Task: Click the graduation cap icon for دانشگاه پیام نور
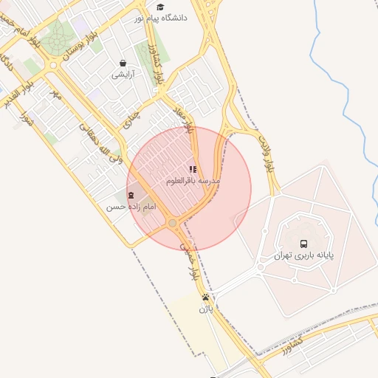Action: pyautogui.click(x=160, y=7)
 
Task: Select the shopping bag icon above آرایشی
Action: pyautogui.click(x=122, y=63)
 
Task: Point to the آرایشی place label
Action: pyautogui.click(x=122, y=75)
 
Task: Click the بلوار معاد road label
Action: pyautogui.click(x=184, y=117)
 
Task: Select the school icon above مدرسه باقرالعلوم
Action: pyautogui.click(x=193, y=169)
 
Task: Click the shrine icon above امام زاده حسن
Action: pyautogui.click(x=131, y=195)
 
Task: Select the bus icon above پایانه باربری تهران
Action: pyautogui.click(x=303, y=244)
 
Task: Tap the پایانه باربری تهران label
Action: pyautogui.click(x=303, y=256)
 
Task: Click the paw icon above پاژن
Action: pyautogui.click(x=205, y=298)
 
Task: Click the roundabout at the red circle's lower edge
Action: pyautogui.click(x=172, y=223)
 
